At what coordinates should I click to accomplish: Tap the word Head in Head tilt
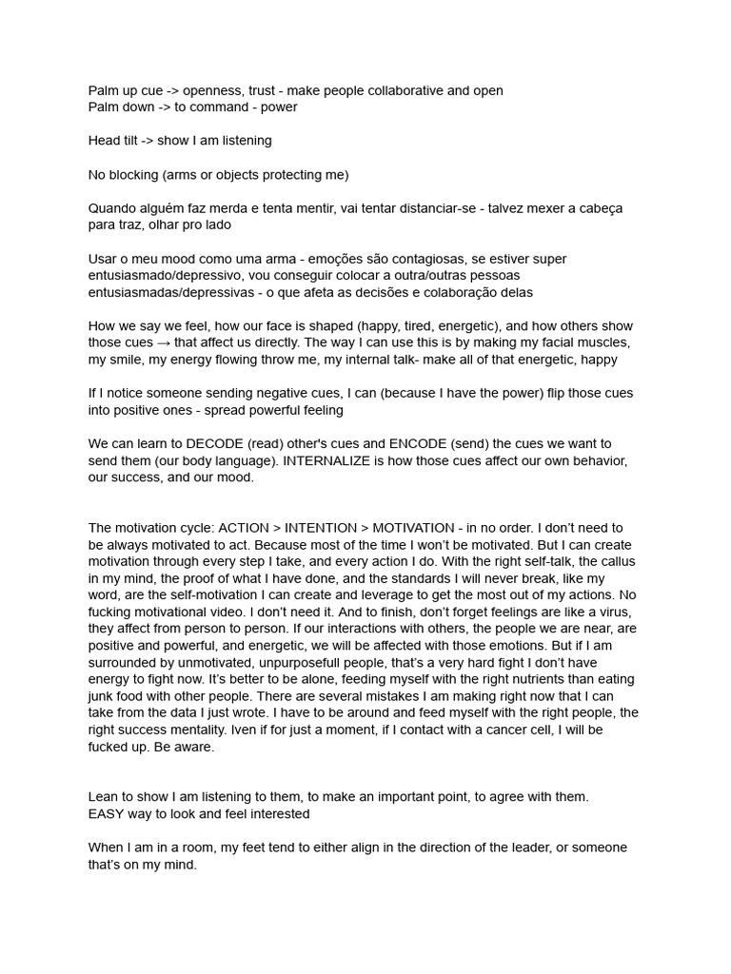tap(105, 141)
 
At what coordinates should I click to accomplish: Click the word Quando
tap(113, 208)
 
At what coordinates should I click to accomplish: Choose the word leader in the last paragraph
tap(525, 847)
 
